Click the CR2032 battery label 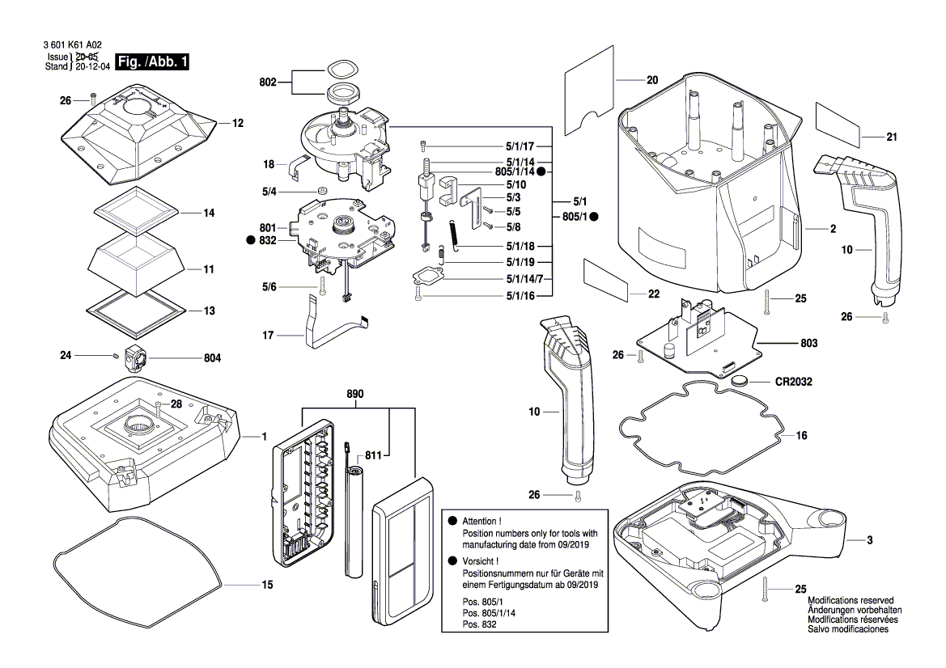pyautogui.click(x=793, y=381)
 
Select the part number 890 pyautogui.click(x=354, y=394)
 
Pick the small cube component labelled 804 pyautogui.click(x=134, y=356)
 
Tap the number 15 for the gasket pyautogui.click(x=266, y=585)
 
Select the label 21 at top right pyautogui.click(x=892, y=137)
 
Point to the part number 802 pyautogui.click(x=268, y=82)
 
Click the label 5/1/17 pyautogui.click(x=521, y=146)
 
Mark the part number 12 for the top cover pyautogui.click(x=237, y=124)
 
